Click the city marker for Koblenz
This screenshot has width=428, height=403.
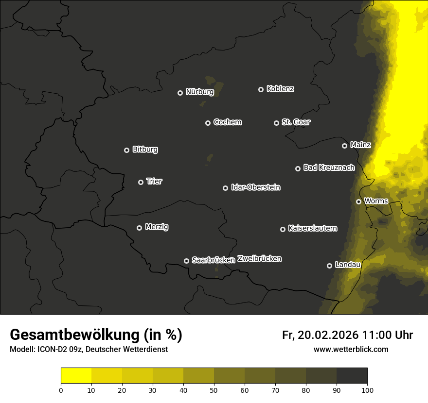tap(261, 89)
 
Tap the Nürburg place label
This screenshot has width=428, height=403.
tap(199, 92)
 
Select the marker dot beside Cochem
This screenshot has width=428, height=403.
tap(208, 123)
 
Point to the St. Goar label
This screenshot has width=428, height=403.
tap(296, 122)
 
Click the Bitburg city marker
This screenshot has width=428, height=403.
tap(126, 150)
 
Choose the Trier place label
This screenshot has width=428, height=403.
tap(154, 181)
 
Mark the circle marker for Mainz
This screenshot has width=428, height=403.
tap(344, 146)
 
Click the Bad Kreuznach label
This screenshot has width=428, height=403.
tap(329, 168)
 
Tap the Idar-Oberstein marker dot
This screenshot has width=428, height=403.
tap(225, 188)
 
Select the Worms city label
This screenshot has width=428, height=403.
tap(376, 201)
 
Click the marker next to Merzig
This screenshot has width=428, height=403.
tap(139, 228)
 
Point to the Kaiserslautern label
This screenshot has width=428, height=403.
tap(312, 228)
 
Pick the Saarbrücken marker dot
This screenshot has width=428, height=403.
tap(186, 261)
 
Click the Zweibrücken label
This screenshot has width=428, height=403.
tap(259, 259)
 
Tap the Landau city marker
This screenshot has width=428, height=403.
tap(329, 266)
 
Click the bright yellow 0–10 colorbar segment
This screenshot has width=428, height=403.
tap(76, 376)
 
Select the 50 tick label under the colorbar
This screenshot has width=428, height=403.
tap(214, 389)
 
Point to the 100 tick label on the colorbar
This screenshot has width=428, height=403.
tap(367, 389)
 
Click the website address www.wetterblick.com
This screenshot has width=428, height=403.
tap(351, 350)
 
